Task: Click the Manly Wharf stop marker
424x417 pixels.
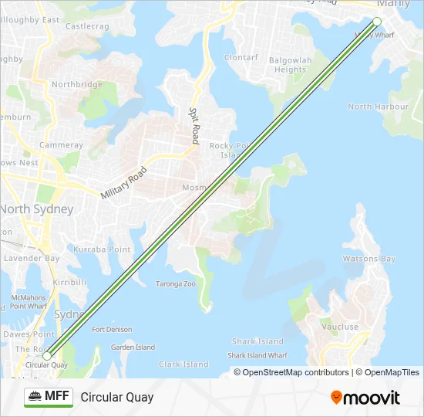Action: click(377, 22)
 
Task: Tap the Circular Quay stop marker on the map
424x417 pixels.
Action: click(47, 356)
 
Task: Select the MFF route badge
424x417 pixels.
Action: click(49, 397)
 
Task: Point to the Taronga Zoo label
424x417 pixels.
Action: click(176, 283)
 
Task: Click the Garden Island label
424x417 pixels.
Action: click(133, 347)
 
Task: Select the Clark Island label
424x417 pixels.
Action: click(183, 364)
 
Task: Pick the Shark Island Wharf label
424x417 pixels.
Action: click(257, 355)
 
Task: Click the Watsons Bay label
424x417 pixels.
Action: click(368, 259)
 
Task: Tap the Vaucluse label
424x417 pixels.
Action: click(340, 327)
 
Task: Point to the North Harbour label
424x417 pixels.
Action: click(378, 107)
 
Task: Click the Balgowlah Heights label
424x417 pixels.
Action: click(291, 65)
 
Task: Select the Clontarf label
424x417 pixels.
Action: click(241, 57)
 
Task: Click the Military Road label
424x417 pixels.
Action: click(123, 184)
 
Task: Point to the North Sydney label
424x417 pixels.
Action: click(36, 209)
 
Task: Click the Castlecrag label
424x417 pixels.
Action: click(87, 26)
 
